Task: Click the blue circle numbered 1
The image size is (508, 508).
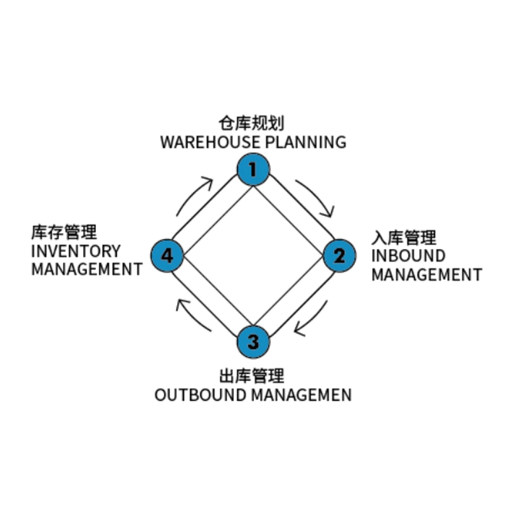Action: click(x=253, y=170)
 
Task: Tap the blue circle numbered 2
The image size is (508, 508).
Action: click(x=340, y=256)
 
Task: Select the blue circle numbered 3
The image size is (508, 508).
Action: click(x=253, y=342)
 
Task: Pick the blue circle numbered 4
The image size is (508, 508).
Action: click(x=167, y=256)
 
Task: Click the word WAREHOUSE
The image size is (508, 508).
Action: click(x=206, y=142)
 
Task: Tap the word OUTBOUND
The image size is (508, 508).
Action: click(x=200, y=395)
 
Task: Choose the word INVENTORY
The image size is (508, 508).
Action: click(x=76, y=250)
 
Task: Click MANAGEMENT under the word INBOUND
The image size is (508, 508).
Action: click(x=426, y=275)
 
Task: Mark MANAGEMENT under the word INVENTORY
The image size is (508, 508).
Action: click(x=86, y=269)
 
